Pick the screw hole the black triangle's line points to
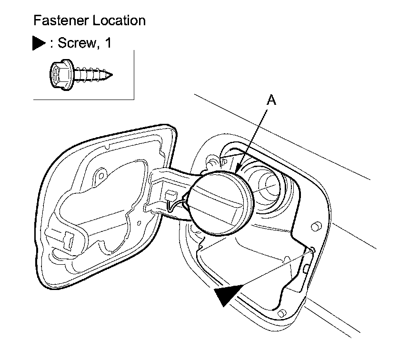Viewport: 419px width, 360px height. point(312,249)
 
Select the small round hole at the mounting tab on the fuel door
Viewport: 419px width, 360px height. point(100,174)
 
